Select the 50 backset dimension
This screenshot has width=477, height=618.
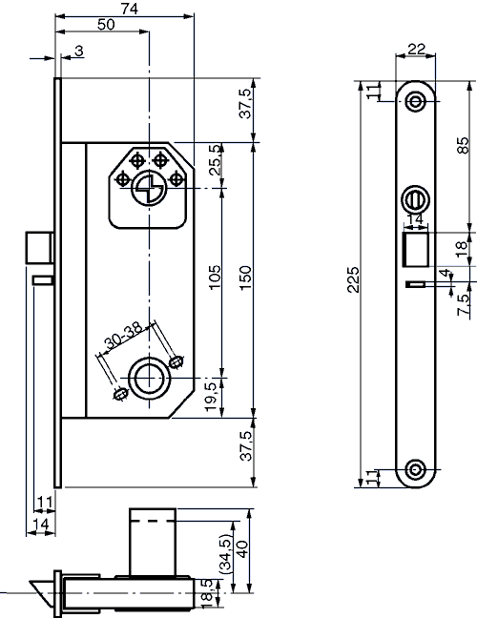click(107, 25)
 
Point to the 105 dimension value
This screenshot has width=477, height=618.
click(214, 278)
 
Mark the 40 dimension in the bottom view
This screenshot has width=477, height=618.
click(242, 550)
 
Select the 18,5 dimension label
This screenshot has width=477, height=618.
click(209, 590)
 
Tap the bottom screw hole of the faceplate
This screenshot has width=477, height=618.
click(416, 469)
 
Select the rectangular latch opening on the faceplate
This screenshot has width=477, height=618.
click(415, 251)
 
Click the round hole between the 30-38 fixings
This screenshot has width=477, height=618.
click(147, 377)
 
